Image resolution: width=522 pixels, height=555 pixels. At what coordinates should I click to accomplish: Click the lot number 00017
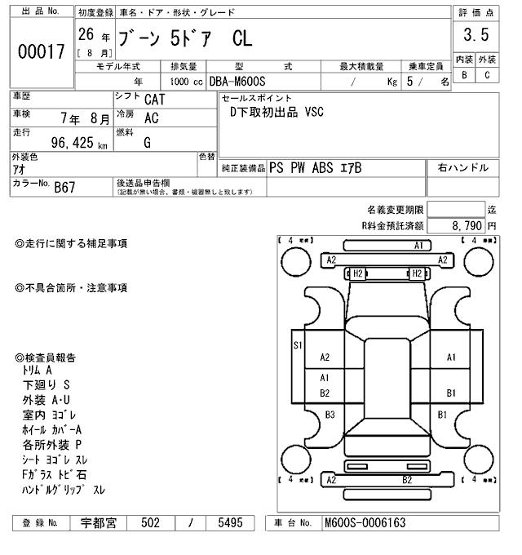click(x=41, y=51)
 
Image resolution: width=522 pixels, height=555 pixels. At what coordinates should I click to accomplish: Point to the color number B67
click(x=66, y=187)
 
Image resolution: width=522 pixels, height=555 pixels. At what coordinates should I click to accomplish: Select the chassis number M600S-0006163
click(x=365, y=523)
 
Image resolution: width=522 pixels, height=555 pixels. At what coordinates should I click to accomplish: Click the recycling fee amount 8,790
click(x=466, y=225)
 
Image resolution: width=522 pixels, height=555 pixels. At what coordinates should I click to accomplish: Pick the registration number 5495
click(x=224, y=523)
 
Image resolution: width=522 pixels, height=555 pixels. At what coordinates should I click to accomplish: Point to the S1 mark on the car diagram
click(x=298, y=345)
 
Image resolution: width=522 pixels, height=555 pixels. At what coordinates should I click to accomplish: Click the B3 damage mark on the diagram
click(x=330, y=415)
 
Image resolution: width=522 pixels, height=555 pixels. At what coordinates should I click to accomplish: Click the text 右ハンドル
click(x=463, y=168)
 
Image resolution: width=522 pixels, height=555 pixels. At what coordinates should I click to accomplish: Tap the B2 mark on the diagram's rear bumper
click(x=406, y=480)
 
